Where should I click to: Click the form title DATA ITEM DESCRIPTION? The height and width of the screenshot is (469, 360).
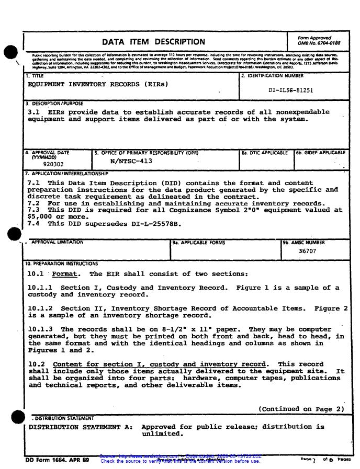pos(153,42)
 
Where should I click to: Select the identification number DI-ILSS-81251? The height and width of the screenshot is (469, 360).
pos(290,90)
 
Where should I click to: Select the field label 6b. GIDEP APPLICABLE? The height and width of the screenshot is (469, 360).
pos(321,153)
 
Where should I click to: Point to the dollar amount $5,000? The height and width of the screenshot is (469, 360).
pos(39,216)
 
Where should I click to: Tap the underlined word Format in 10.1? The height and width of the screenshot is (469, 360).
pos(65,274)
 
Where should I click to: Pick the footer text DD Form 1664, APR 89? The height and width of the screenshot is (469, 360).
pos(57,460)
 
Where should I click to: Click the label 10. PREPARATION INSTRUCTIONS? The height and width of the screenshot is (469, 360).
pos(61,264)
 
